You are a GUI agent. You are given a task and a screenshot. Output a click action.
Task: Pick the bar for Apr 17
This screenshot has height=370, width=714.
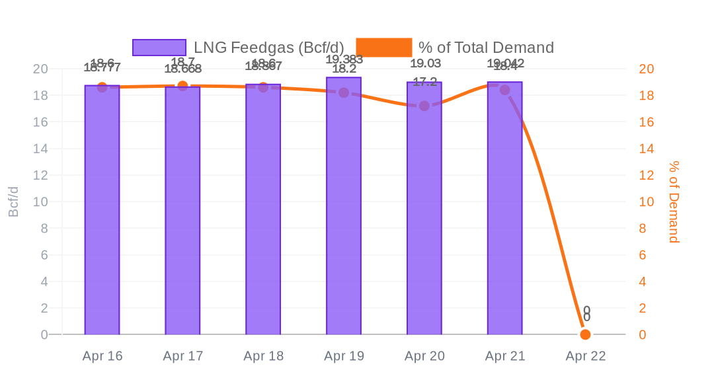(182, 211)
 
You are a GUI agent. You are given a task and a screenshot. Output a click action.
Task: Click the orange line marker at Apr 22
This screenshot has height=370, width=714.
(585, 334)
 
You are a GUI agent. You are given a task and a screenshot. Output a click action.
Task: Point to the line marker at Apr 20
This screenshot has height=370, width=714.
(424, 106)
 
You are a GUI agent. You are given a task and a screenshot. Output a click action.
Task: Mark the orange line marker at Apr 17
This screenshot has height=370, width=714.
(182, 86)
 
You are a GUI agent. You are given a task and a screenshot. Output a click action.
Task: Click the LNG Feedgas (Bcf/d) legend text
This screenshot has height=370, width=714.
(268, 48)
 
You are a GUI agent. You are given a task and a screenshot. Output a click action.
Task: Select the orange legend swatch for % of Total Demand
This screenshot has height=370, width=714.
(383, 48)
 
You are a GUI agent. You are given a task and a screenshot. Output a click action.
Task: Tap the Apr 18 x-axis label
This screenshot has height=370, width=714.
(263, 356)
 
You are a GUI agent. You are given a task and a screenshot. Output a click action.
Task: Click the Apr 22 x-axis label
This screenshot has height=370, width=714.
(585, 356)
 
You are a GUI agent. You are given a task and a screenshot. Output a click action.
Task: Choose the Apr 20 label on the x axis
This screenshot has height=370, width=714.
(424, 356)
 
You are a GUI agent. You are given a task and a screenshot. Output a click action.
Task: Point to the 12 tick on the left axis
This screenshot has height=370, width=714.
(40, 175)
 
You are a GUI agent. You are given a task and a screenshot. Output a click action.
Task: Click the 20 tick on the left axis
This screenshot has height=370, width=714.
(40, 69)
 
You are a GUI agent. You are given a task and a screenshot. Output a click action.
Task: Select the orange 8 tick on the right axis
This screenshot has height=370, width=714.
(642, 229)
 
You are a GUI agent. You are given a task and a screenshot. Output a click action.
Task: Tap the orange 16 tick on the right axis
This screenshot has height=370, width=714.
(646, 122)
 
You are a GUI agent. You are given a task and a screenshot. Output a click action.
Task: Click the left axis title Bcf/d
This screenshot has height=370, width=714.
(13, 202)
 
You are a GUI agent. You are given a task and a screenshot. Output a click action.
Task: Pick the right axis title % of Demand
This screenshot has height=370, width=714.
(674, 202)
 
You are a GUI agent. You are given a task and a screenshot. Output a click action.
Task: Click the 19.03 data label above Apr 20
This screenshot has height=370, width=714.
(425, 63)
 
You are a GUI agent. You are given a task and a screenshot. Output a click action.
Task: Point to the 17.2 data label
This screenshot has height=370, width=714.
(424, 82)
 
